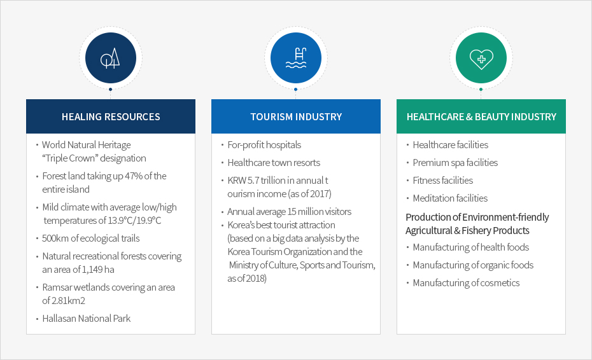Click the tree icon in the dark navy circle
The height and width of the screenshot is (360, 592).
click(x=110, y=59)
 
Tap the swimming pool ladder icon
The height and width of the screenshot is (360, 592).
click(x=296, y=58)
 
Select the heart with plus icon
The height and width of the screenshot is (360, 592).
click(x=481, y=59)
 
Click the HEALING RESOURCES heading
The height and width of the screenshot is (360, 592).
click(x=111, y=116)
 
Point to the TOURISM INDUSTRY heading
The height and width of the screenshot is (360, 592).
click(x=296, y=116)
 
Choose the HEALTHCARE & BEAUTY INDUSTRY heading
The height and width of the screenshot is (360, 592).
click(x=481, y=116)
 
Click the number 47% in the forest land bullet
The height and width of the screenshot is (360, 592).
click(x=133, y=176)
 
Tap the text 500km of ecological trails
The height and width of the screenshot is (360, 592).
click(x=90, y=238)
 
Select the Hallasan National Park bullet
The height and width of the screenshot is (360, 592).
click(x=87, y=319)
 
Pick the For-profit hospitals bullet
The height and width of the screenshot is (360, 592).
click(x=264, y=145)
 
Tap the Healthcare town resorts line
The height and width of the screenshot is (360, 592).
click(x=274, y=163)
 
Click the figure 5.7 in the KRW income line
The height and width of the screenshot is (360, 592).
click(x=253, y=181)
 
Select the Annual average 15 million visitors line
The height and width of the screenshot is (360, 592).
click(x=289, y=212)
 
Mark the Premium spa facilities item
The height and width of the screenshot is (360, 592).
click(x=455, y=163)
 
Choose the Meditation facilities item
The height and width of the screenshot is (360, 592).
click(x=450, y=198)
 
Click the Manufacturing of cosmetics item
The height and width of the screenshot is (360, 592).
click(x=466, y=282)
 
